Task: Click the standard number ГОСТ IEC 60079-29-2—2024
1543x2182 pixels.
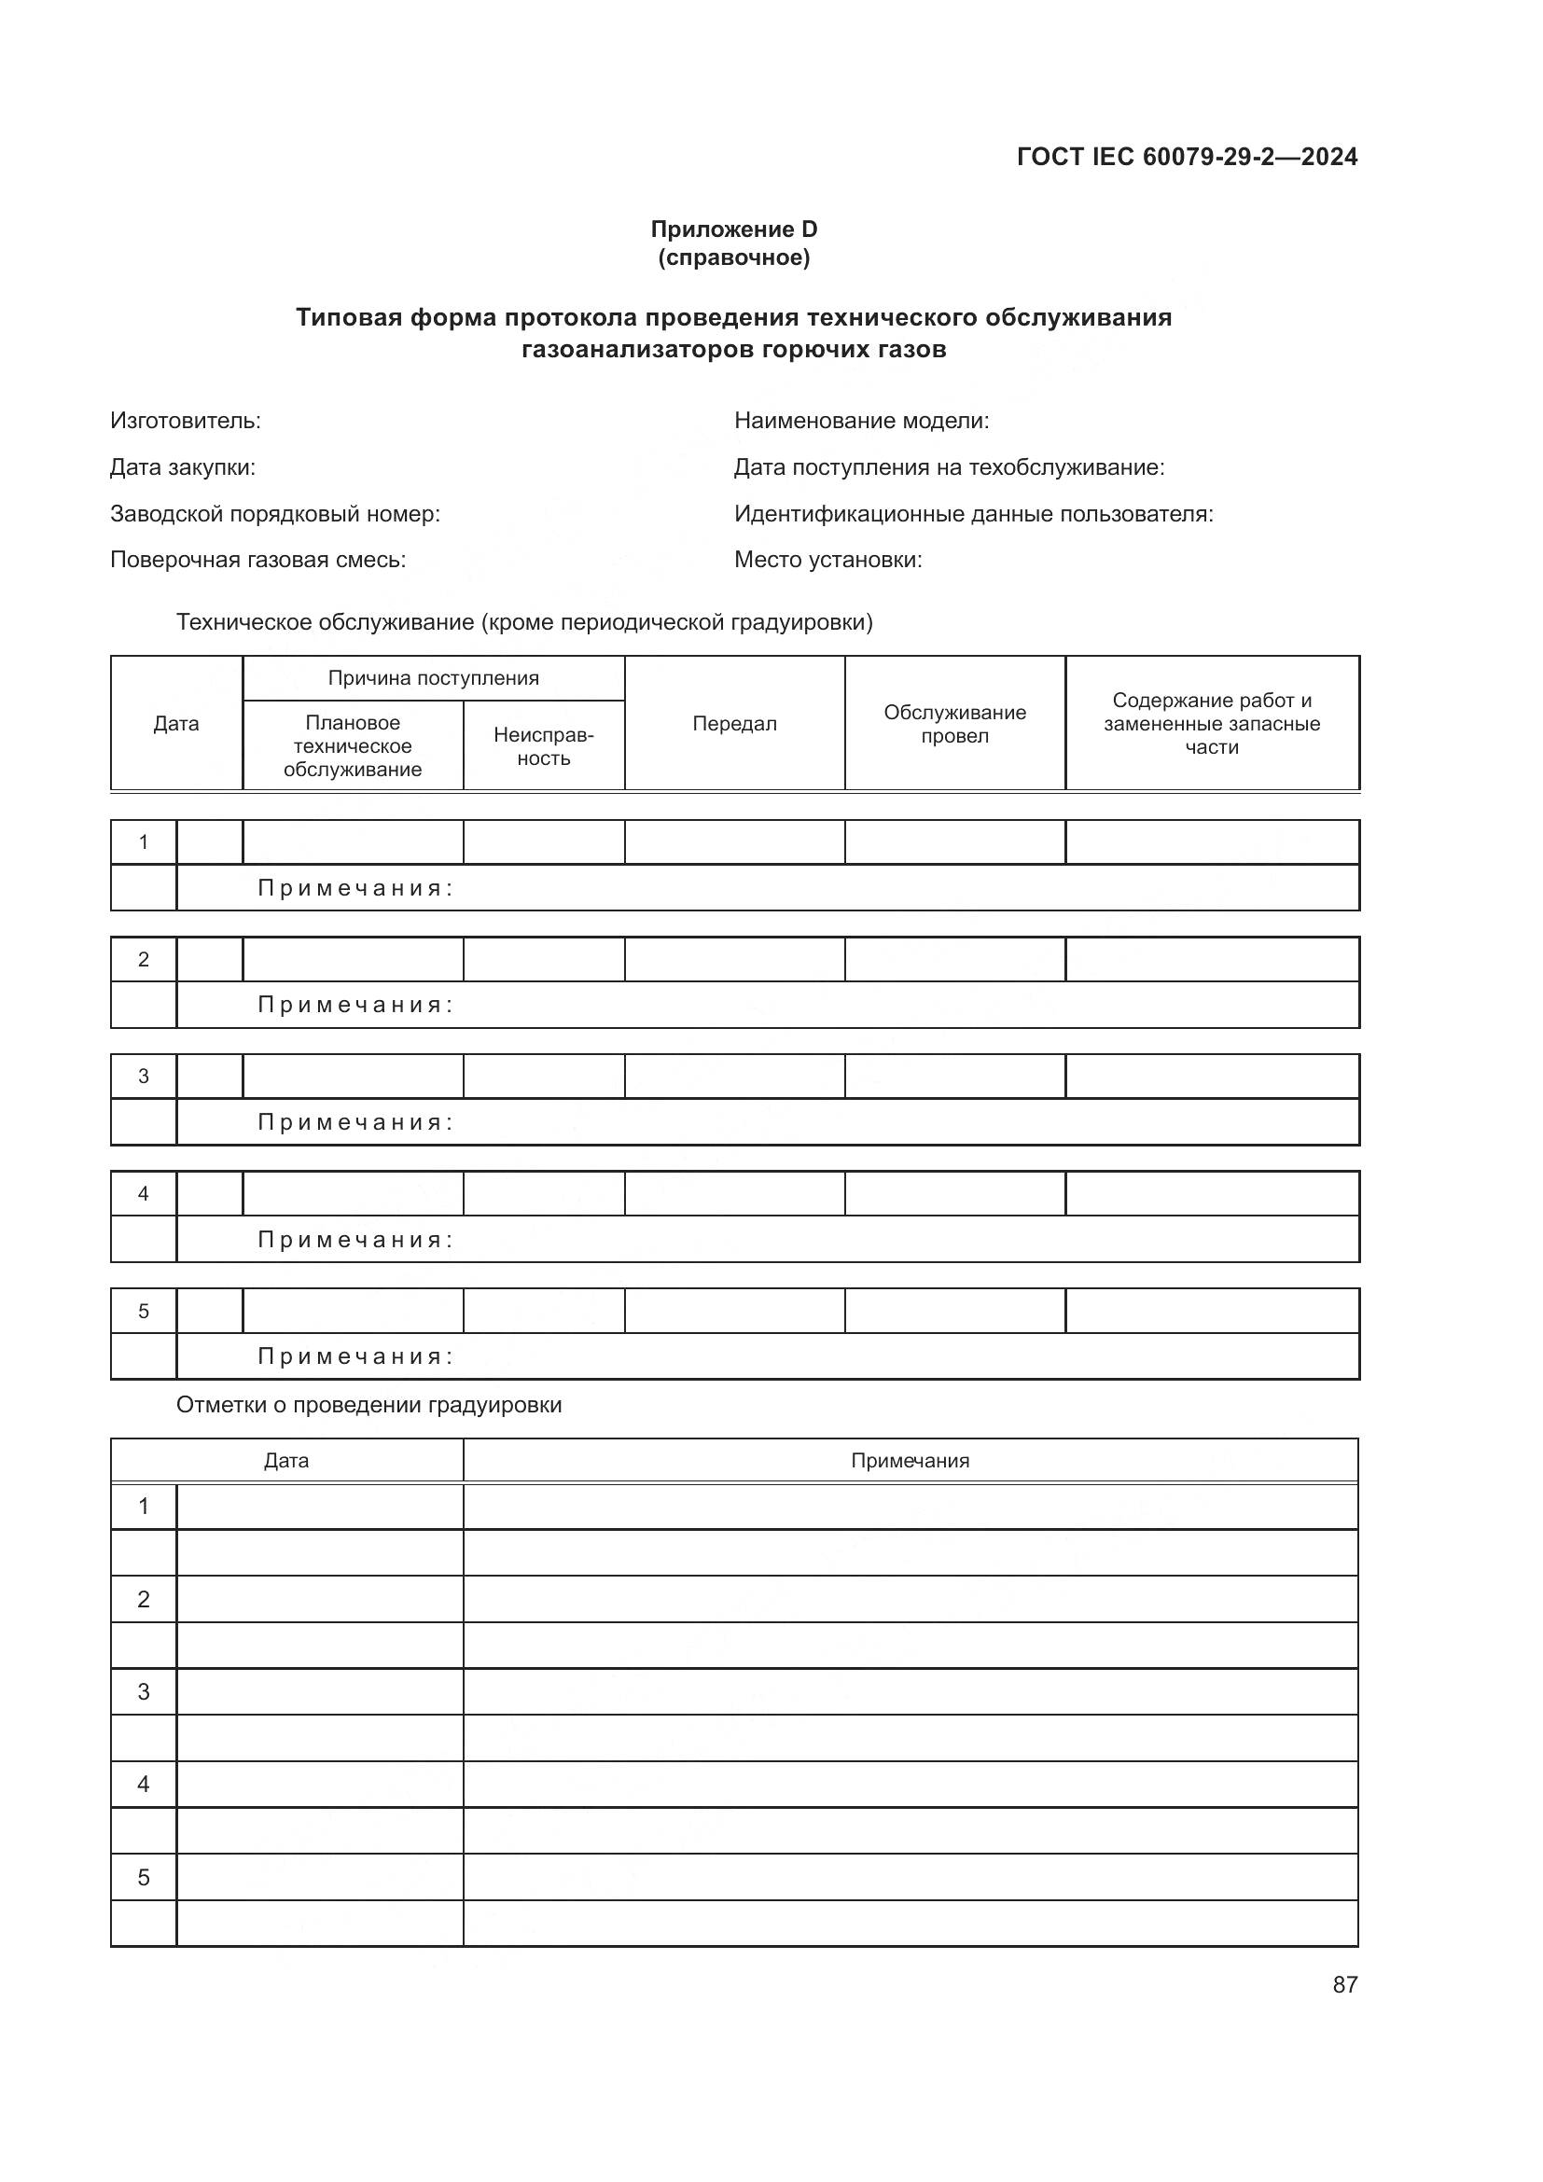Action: (x=1186, y=157)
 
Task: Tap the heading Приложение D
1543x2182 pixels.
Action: (x=733, y=229)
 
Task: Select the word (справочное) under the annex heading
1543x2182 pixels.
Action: (x=733, y=257)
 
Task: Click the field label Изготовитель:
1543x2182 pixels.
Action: (x=186, y=420)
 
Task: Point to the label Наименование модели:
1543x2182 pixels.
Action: (x=861, y=420)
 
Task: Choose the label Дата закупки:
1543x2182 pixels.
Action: (x=183, y=466)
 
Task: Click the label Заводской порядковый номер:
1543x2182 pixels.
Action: (x=274, y=513)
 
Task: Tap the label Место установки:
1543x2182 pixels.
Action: (x=827, y=559)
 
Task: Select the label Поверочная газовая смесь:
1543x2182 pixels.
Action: (x=257, y=559)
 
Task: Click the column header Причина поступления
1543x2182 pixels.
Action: (x=433, y=677)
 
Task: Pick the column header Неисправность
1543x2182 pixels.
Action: (x=544, y=746)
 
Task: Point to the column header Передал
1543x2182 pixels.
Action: (x=733, y=723)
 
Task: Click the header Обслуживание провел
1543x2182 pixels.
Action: (x=954, y=723)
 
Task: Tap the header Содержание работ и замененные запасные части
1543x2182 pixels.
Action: (x=1212, y=723)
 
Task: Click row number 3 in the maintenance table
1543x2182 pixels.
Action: (x=144, y=1076)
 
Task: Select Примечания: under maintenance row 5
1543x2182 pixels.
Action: (x=355, y=1356)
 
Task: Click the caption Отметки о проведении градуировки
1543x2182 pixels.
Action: (x=368, y=1405)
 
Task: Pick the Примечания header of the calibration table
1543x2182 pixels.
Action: (x=910, y=1461)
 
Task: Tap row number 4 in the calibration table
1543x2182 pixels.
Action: (x=144, y=1784)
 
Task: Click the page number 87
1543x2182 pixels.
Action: (x=1344, y=1984)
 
